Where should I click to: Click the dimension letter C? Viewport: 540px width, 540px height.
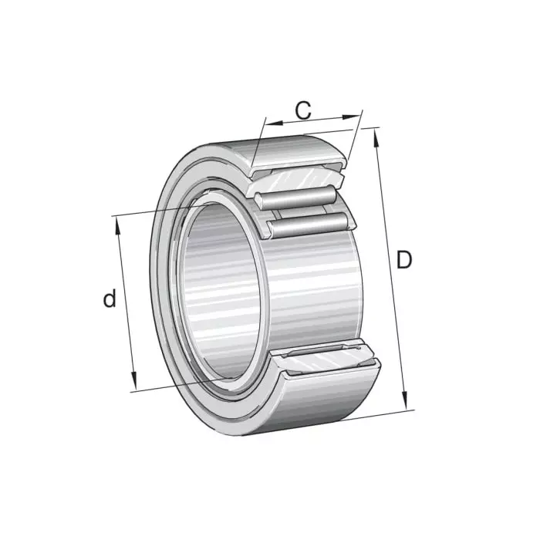305,110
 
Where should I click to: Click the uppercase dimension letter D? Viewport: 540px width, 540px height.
403,261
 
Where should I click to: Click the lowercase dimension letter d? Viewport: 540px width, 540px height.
110,299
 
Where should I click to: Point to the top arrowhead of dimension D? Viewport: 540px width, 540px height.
376,134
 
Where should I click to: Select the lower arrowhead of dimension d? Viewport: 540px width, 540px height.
133,383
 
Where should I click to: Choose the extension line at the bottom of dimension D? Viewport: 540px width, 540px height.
363,417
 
